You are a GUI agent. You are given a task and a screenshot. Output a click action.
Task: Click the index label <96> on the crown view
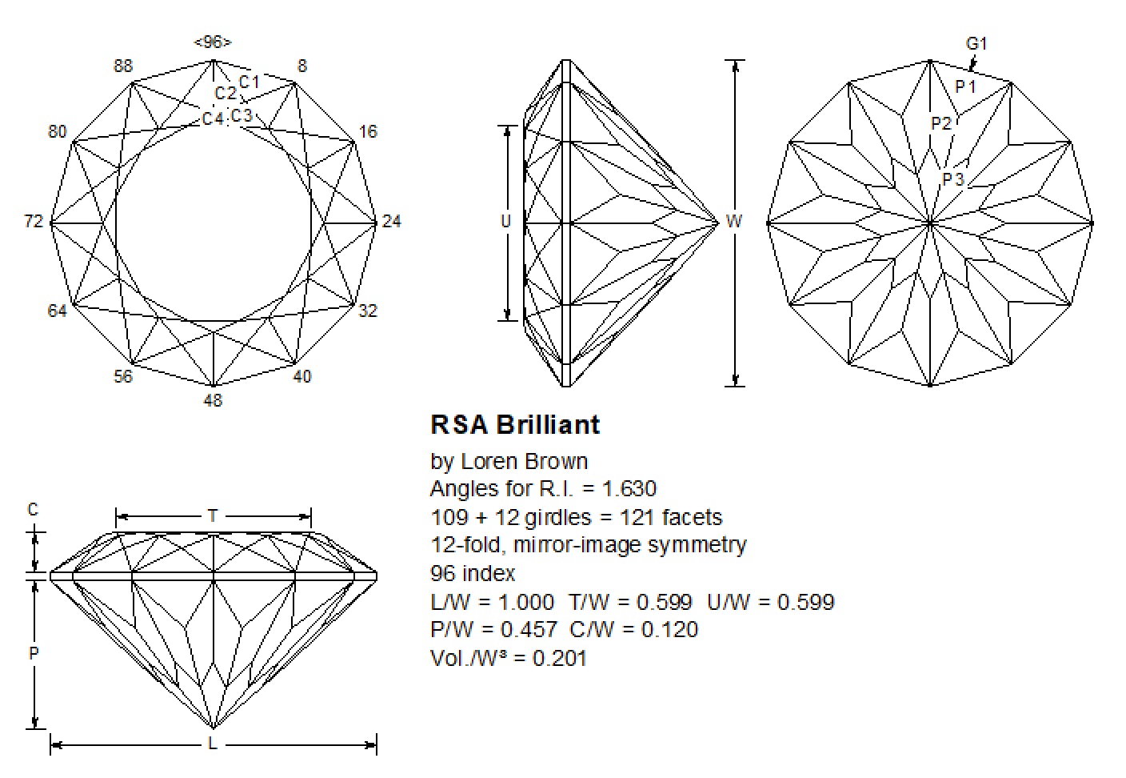[213, 42]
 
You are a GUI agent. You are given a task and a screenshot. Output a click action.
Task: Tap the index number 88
[123, 66]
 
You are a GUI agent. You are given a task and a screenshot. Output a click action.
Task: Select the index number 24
[391, 222]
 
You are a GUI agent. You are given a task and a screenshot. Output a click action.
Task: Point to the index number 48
[213, 400]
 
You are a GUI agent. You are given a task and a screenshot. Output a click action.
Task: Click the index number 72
[34, 222]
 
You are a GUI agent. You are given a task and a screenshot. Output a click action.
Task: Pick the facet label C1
[250, 82]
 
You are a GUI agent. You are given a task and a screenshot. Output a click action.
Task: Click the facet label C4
[213, 119]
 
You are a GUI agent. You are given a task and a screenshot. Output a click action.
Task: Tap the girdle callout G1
[977, 44]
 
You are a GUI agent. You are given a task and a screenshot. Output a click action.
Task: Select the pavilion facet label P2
[942, 123]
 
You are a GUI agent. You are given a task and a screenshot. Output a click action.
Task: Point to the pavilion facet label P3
[953, 179]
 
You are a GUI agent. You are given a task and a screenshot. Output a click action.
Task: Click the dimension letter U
[505, 222]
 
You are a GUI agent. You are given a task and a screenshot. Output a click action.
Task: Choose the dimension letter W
[734, 222]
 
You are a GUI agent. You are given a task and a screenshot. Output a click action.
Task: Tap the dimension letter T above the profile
[213, 516]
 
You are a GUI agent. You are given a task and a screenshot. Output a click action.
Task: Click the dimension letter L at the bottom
[213, 744]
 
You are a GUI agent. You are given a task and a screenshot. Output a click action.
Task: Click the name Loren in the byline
[489, 462]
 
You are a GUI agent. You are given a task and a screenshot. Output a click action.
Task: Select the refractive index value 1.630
[629, 489]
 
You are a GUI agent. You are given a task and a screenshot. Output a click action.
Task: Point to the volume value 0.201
[560, 659]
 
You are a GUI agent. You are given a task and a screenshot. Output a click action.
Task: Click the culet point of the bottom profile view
[213, 728]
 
